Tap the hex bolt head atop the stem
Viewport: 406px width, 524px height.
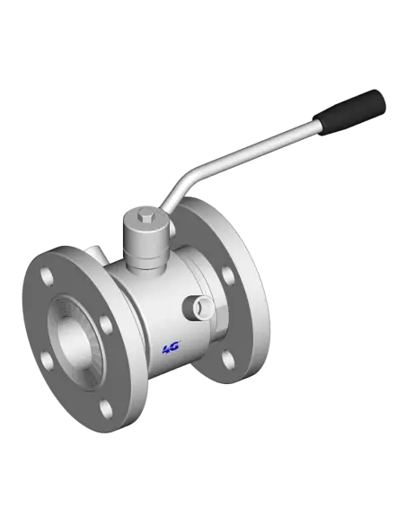(146, 214)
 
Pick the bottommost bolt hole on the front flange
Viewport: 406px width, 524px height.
(107, 410)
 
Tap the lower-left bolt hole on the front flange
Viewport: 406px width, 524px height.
(48, 361)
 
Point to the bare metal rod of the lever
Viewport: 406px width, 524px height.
(252, 153)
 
